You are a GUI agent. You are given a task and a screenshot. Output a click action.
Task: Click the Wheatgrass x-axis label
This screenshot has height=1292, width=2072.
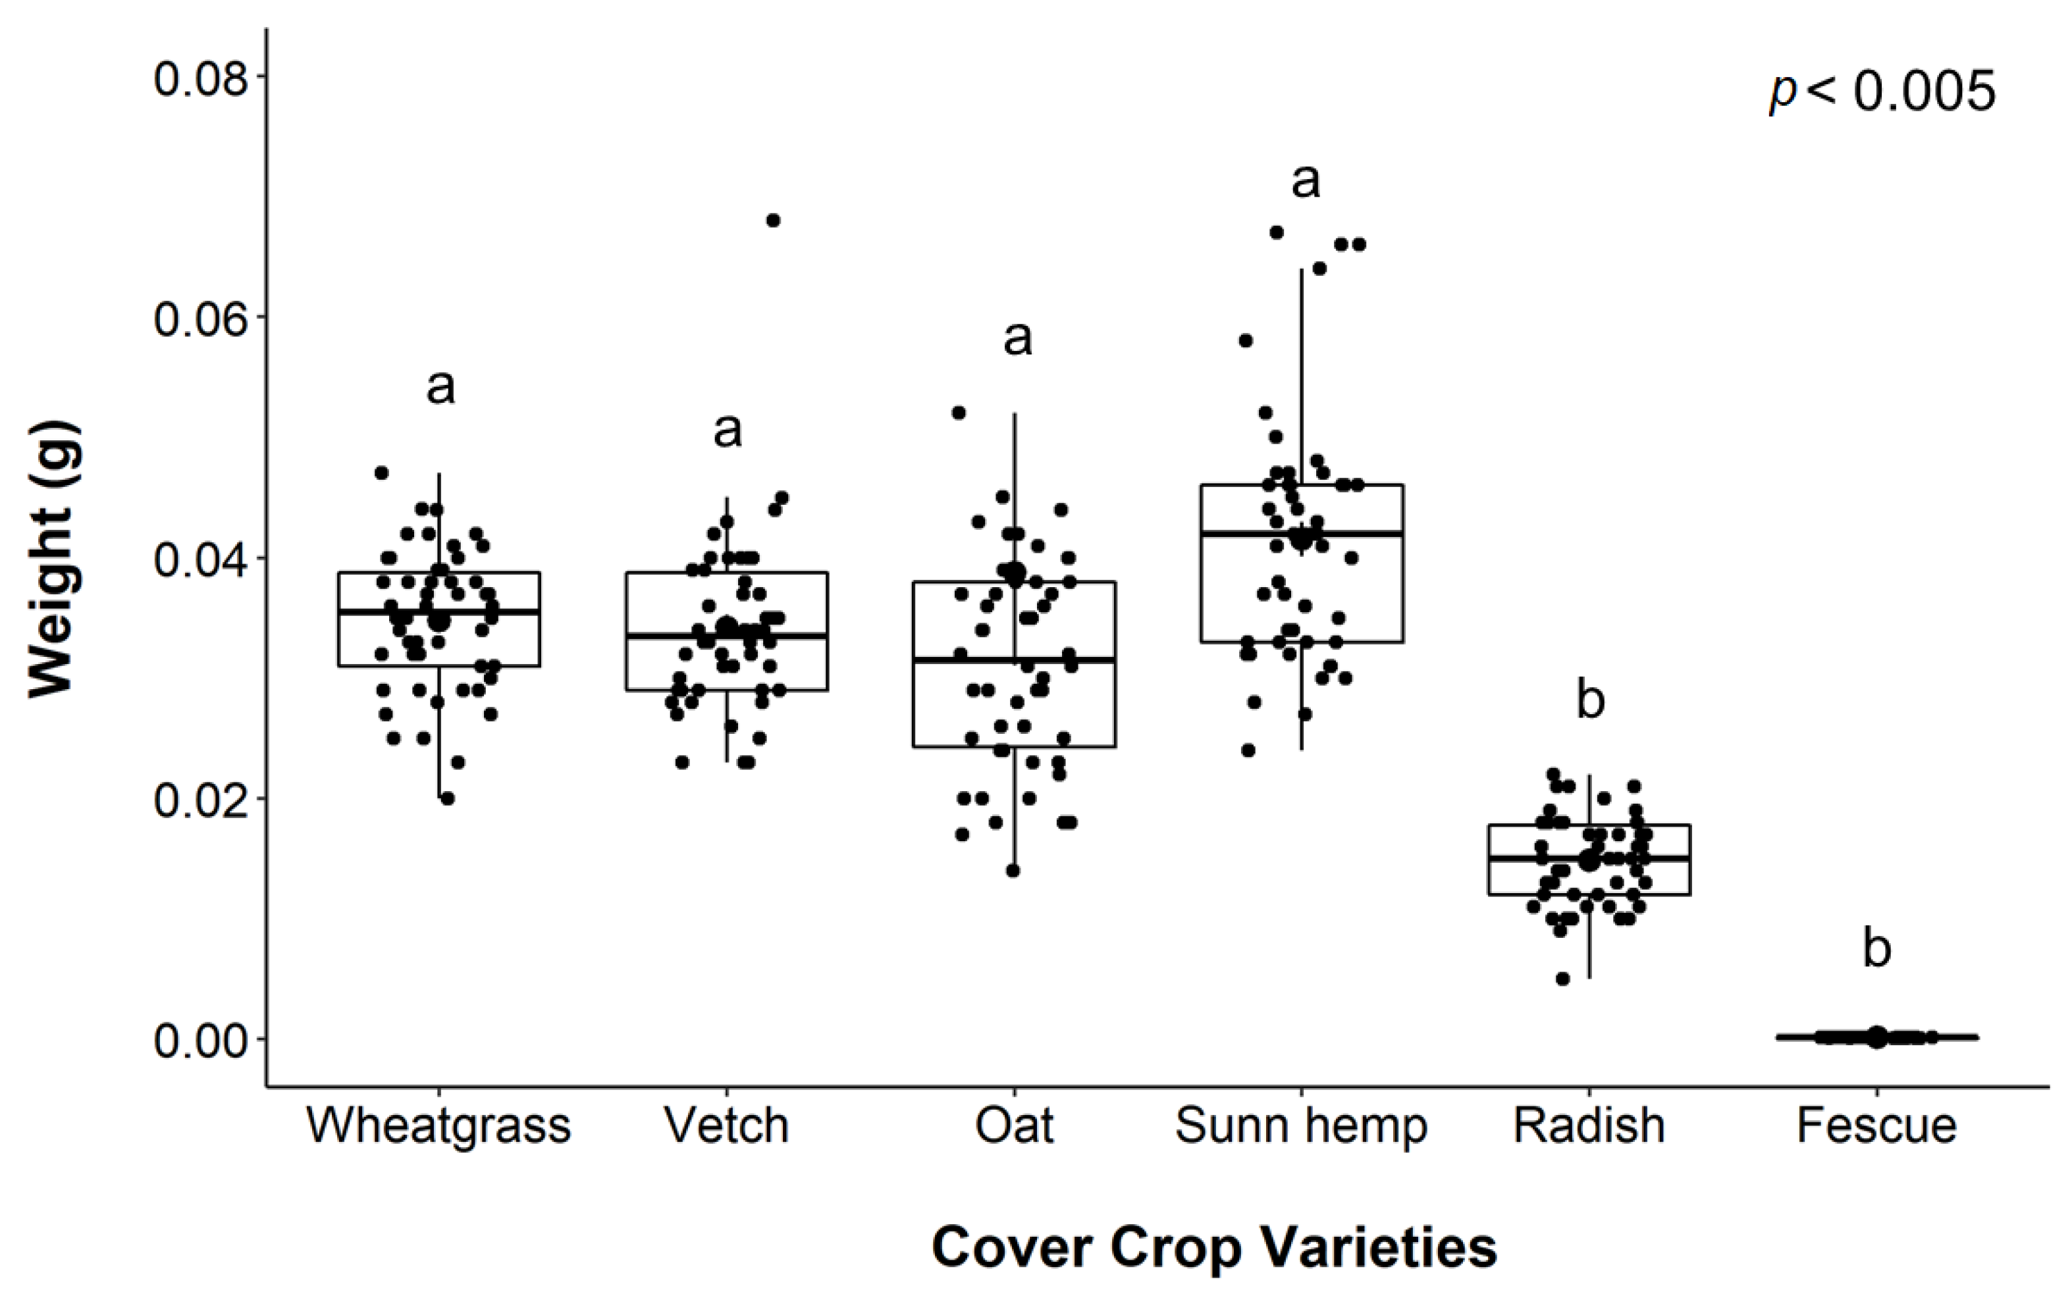pyautogui.click(x=438, y=1125)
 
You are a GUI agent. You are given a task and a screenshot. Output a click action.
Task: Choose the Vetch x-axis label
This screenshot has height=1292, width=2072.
pyautogui.click(x=727, y=1125)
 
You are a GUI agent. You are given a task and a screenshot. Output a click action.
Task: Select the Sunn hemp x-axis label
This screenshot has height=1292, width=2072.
pyautogui.click(x=1301, y=1125)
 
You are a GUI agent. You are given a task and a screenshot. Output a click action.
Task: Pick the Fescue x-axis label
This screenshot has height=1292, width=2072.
pyautogui.click(x=1876, y=1125)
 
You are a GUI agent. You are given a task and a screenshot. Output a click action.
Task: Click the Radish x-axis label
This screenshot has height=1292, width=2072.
pyautogui.click(x=1589, y=1125)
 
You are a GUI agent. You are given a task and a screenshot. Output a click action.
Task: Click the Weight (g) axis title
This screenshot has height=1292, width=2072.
pyautogui.click(x=53, y=559)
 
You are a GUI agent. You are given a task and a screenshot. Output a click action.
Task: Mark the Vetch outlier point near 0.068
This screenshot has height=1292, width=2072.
pyautogui.click(x=773, y=220)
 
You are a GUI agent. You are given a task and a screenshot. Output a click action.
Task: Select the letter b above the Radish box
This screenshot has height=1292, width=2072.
pyautogui.click(x=1590, y=700)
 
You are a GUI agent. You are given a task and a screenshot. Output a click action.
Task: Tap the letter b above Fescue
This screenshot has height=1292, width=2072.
pyautogui.click(x=1876, y=948)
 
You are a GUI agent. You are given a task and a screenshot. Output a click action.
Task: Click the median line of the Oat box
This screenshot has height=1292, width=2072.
pyautogui.click(x=1014, y=659)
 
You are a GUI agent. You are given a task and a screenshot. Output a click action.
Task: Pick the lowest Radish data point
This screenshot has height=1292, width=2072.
pyautogui.click(x=1562, y=979)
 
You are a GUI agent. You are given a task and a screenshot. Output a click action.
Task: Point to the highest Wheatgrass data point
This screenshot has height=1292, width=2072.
pyautogui.click(x=382, y=473)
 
